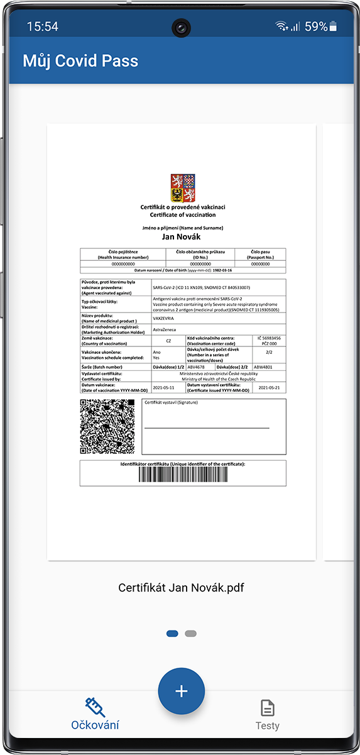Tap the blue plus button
point(181,691)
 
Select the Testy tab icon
point(268,708)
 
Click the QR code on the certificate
point(107,426)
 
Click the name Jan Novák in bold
point(183,237)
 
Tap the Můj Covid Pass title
point(80,61)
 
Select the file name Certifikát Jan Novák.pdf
point(181,588)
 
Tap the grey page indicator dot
point(191,634)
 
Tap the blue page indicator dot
point(172,634)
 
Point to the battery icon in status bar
point(333,26)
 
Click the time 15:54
point(43,26)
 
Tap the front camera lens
point(182,27)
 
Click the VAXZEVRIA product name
point(165,318)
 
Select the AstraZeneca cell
point(165,329)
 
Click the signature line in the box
point(207,428)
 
